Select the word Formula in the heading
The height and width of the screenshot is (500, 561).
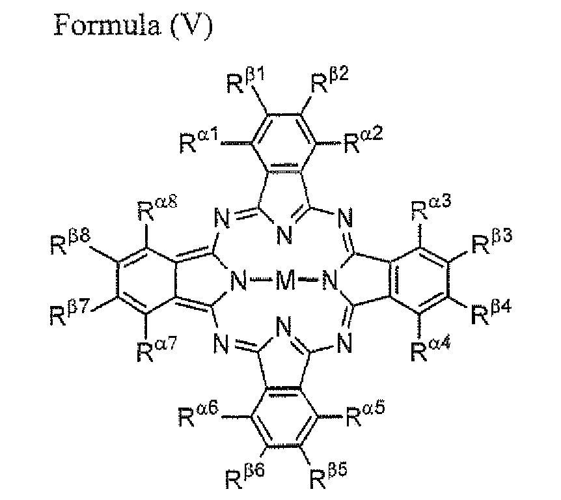point(107,24)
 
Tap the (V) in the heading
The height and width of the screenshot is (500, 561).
point(191,25)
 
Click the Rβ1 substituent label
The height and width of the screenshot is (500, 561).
point(245,82)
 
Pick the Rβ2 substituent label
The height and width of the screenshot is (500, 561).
point(329,81)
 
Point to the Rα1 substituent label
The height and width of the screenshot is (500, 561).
point(198,142)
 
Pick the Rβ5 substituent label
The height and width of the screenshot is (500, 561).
point(328,476)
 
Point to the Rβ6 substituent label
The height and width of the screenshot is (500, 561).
point(244,477)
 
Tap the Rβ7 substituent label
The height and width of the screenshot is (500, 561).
point(69,312)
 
